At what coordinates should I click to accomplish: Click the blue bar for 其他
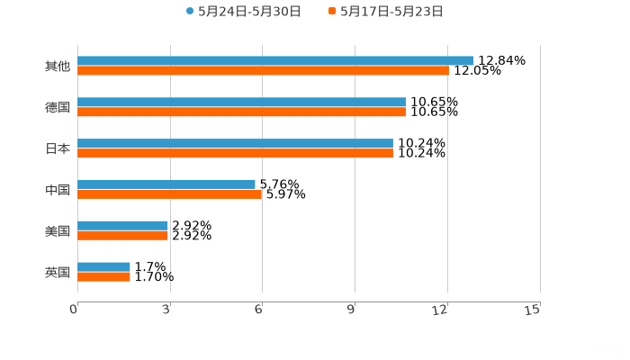pos(274,60)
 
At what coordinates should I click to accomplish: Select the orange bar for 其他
pos(263,70)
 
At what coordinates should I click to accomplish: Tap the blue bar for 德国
pos(241,102)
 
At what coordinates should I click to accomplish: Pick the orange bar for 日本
pos(235,154)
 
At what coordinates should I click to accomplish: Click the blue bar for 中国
pos(166,184)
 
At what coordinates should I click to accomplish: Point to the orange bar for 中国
pos(170,193)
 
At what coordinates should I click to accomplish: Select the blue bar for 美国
pos(122,225)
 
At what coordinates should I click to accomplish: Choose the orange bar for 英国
pos(103,276)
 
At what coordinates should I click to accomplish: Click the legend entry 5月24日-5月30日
pos(244,12)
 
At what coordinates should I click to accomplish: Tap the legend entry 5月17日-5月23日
pos(386,12)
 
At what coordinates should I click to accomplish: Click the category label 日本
pos(57,148)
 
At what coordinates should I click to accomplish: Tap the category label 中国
pos(57,189)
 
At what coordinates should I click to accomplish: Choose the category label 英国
pos(57,272)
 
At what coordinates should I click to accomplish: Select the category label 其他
pos(57,66)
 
